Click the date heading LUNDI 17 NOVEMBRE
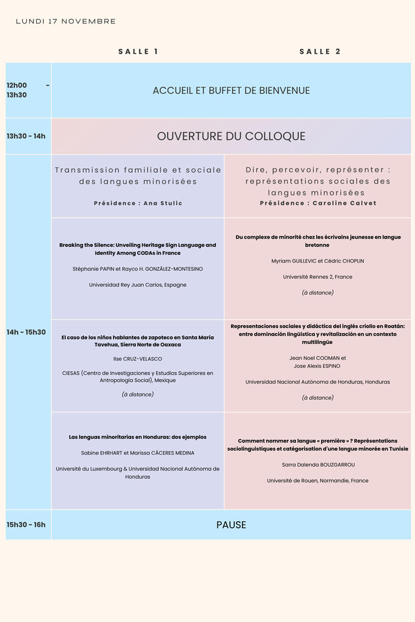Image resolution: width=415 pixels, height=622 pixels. click(x=66, y=21)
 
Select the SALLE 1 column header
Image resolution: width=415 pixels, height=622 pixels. click(x=138, y=52)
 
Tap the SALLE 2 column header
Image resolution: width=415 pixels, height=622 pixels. click(x=320, y=52)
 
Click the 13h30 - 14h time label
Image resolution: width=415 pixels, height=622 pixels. click(x=26, y=136)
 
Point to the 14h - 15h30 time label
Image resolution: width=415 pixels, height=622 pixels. click(x=26, y=332)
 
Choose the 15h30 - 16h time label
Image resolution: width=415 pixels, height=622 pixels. click(x=26, y=524)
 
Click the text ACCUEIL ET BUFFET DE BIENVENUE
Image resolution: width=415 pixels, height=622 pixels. click(x=231, y=91)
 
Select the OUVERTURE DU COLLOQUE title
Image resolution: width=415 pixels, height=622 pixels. click(x=231, y=136)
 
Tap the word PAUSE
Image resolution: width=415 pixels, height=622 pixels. click(x=231, y=525)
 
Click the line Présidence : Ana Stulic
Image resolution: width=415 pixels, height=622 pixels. click(x=138, y=203)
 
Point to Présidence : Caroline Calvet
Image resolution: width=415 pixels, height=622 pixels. click(x=317, y=203)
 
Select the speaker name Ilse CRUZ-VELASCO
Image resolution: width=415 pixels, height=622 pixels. click(x=138, y=359)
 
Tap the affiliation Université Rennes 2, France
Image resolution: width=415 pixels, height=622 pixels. click(x=317, y=277)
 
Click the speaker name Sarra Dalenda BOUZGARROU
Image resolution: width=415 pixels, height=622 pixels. click(x=318, y=465)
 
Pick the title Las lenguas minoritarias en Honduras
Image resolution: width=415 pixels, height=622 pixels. click(x=138, y=437)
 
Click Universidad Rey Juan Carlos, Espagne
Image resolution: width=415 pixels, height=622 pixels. click(x=138, y=285)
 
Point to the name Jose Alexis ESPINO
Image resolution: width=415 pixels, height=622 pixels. click(x=317, y=366)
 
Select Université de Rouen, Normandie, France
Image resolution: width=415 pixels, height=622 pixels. click(x=317, y=480)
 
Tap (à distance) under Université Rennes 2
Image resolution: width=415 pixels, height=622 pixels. click(x=317, y=293)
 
